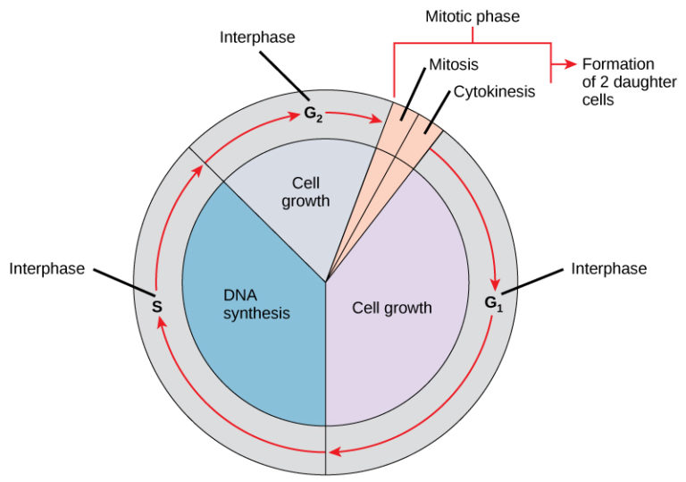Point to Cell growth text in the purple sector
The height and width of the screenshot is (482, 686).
(391, 308)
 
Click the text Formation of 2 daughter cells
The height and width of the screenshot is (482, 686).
(618, 82)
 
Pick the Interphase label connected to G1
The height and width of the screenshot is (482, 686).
(608, 268)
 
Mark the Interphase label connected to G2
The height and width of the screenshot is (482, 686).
(257, 38)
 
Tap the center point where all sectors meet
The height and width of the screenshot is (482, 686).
(326, 283)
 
